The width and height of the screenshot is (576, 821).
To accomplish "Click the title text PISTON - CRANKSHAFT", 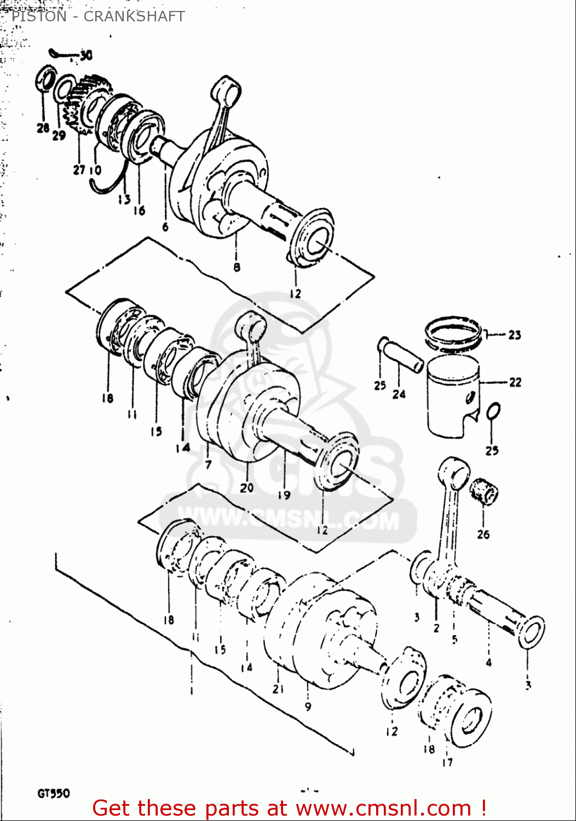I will pyautogui.click(x=98, y=16).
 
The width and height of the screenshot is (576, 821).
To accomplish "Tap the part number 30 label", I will pyautogui.click(x=86, y=55).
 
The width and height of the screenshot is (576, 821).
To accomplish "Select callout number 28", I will pyautogui.click(x=43, y=128).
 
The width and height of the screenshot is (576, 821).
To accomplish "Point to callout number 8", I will pyautogui.click(x=237, y=267).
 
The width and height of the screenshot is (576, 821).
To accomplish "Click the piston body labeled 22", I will pyautogui.click(x=453, y=397).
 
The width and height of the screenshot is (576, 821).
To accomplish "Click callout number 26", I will pyautogui.click(x=483, y=534).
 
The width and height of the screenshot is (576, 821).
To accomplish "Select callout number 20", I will pyautogui.click(x=246, y=487).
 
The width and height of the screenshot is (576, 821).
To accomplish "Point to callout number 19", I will pyautogui.click(x=284, y=495).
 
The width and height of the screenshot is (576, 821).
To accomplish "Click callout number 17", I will pyautogui.click(x=447, y=761).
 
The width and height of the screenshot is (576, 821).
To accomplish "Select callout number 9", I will pyautogui.click(x=308, y=707).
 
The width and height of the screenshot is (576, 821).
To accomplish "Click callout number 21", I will pyautogui.click(x=278, y=689).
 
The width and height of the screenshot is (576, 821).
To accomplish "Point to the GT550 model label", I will pyautogui.click(x=54, y=793).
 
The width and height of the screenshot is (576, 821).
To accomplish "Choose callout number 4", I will pyautogui.click(x=488, y=663).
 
